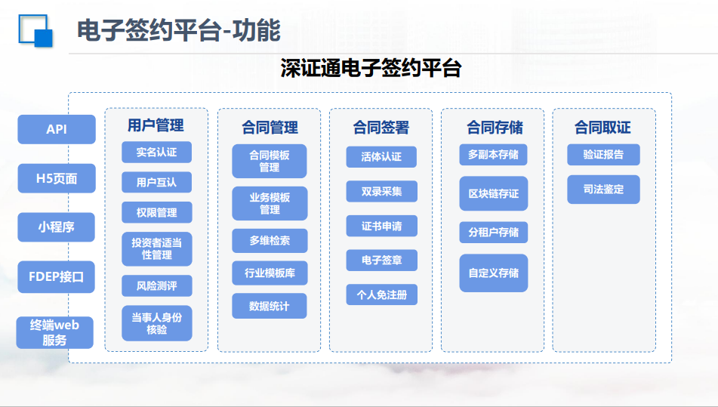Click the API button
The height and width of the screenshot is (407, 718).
(x=57, y=129)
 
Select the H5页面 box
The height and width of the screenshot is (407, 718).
(x=57, y=178)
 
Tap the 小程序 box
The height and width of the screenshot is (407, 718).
(x=57, y=227)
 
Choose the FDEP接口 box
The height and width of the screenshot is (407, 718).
(x=57, y=277)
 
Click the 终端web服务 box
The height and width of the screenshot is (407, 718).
(x=55, y=332)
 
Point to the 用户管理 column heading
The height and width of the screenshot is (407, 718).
(x=156, y=125)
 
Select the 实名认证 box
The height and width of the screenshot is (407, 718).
(x=156, y=152)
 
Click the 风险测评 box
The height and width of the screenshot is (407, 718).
(x=156, y=285)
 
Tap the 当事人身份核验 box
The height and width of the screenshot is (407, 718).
(x=156, y=323)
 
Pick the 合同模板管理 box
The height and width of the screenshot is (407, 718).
(x=270, y=161)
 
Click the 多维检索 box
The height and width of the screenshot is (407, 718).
(x=270, y=241)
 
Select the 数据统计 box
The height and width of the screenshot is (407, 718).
(x=270, y=306)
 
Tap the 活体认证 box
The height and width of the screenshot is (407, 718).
(x=381, y=156)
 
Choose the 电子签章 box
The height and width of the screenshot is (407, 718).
(x=381, y=260)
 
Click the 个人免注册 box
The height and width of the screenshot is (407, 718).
(x=381, y=294)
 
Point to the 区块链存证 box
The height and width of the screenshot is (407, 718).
(x=494, y=193)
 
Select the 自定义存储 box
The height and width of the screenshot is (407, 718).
(x=494, y=273)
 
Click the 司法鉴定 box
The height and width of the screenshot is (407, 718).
(x=603, y=189)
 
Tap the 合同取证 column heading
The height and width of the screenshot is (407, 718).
(x=602, y=128)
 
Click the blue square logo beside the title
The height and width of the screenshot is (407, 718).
(x=35, y=30)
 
